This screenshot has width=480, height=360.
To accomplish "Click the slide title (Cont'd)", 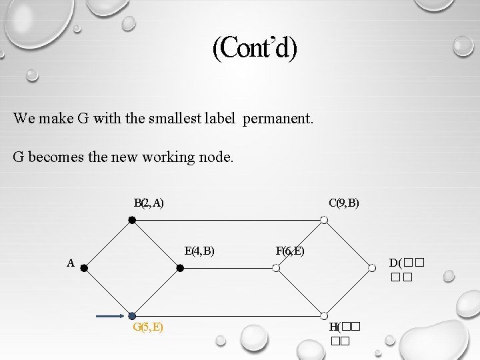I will click(255, 47).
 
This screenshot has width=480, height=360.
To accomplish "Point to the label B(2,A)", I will click(149, 203).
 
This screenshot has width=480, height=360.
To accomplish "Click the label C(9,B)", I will click(344, 203).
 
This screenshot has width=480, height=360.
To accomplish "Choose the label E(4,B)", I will click(199, 251).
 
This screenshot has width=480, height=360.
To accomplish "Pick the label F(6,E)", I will click(290, 251).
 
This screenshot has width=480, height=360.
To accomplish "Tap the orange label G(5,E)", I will click(149, 327).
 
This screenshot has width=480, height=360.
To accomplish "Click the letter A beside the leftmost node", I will click(70, 263).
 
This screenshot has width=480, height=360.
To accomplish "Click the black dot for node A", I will click(85, 268).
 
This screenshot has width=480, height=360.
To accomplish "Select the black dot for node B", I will click(132, 220).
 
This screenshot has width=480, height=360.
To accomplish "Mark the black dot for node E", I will click(180, 268).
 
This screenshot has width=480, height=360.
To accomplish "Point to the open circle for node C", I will click(323, 220).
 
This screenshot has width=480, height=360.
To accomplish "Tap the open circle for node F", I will click(276, 268).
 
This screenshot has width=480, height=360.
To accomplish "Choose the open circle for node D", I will click(372, 268).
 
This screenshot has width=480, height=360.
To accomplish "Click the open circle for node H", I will click(323, 316).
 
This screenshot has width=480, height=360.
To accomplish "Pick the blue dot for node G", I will click(132, 316).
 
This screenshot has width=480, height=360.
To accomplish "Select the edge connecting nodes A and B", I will click(108, 244).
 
